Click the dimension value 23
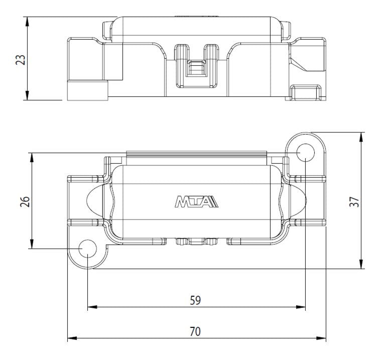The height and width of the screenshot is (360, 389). [21, 60]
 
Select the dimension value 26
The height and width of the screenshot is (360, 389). [25, 201]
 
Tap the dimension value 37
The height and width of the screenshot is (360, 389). [354, 201]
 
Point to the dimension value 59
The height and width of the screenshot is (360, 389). [195, 300]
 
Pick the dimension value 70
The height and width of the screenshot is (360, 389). [195, 331]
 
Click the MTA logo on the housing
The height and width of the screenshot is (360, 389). [196, 201]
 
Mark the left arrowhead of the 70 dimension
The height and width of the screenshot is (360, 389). [72, 338]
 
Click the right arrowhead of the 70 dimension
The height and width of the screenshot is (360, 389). [321, 338]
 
